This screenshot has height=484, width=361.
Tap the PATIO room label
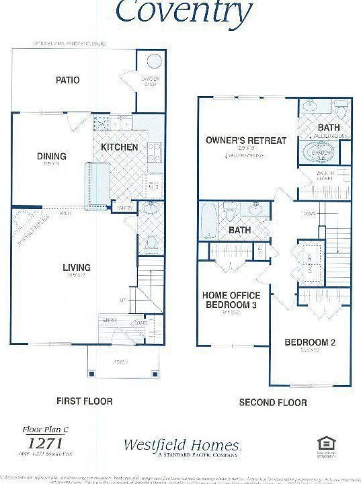coord(67,80)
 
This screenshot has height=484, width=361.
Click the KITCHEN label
coord(120,147)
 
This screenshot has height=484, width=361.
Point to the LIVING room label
coord(77,268)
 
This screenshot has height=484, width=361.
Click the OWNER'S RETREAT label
coord(247,140)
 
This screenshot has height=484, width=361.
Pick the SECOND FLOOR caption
coord(273,403)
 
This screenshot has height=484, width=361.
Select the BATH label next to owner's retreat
coord(329,127)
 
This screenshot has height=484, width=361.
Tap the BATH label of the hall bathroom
coord(240,230)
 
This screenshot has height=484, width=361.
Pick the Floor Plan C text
coord(39,427)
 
